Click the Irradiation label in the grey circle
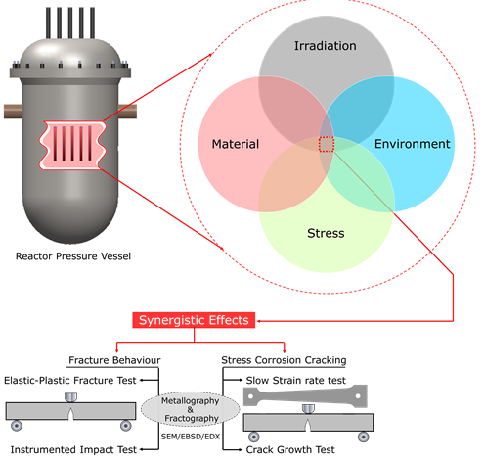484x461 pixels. (x=327, y=46)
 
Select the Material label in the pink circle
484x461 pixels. (x=236, y=145)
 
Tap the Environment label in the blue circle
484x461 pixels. (x=412, y=144)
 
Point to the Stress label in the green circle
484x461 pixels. (x=326, y=235)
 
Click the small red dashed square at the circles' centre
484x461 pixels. (x=327, y=145)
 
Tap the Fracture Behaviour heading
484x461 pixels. (x=115, y=359)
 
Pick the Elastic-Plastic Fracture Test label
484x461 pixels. (x=69, y=379)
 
